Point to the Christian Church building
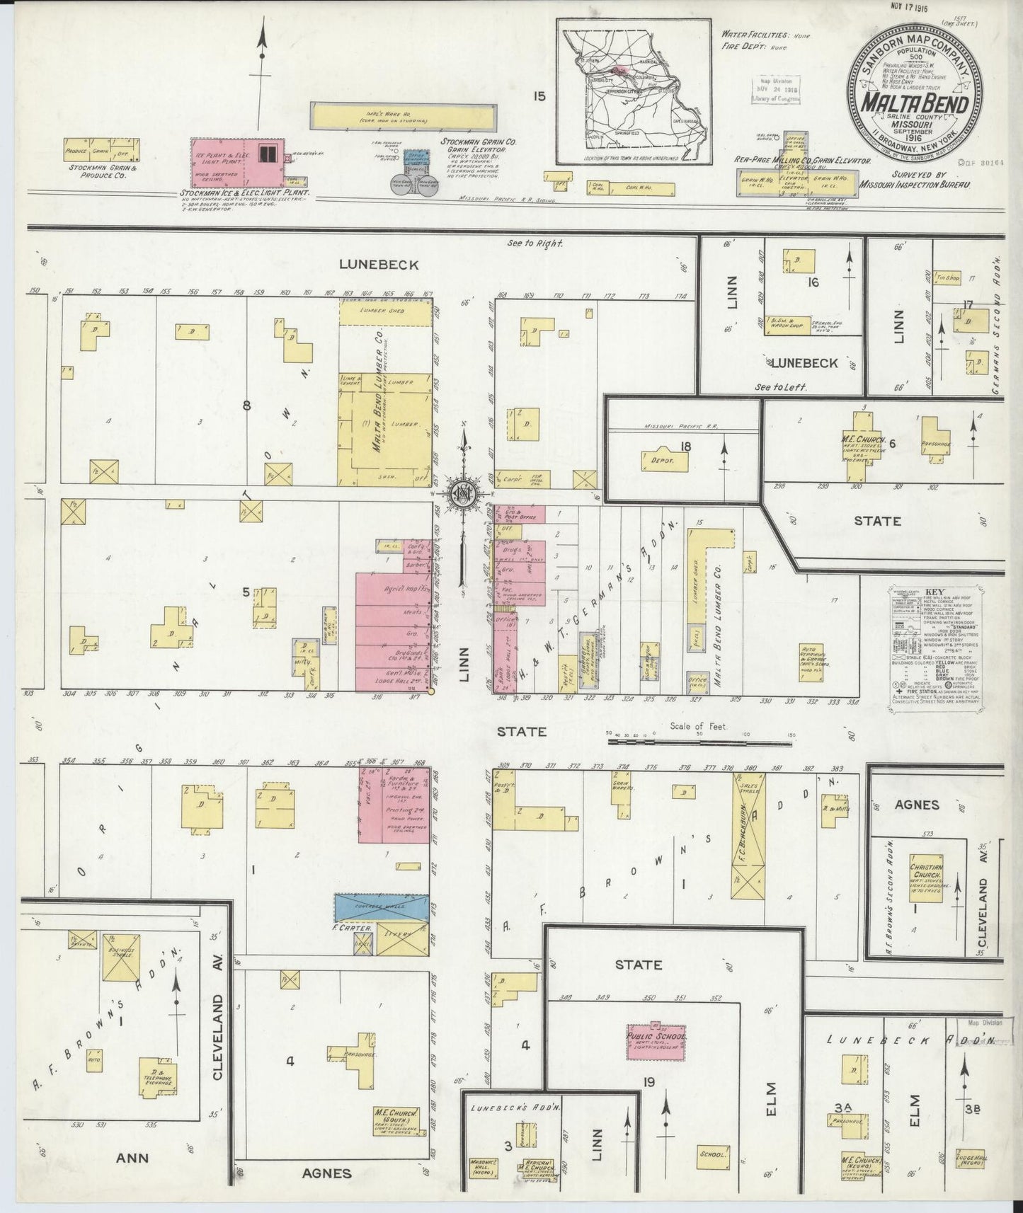tap(927, 877)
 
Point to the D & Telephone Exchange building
tap(158, 1076)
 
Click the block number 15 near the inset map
tap(539, 97)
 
